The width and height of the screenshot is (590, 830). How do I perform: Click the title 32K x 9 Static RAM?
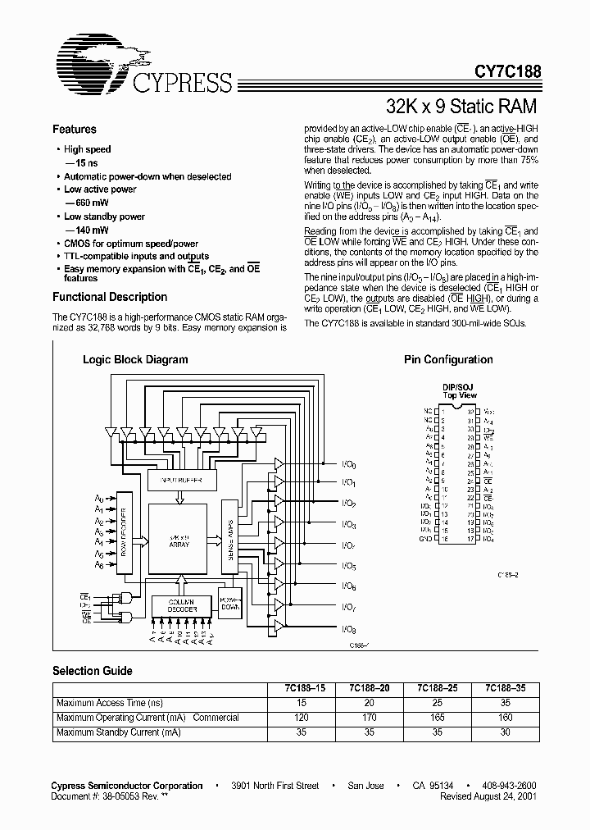(461, 106)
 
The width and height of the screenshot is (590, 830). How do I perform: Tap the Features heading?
(75, 130)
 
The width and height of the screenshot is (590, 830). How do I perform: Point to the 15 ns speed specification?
(81, 163)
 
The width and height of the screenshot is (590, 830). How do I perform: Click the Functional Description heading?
(110, 298)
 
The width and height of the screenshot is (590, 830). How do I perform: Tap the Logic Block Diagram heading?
(135, 359)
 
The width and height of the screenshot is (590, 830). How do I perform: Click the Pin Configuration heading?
(448, 359)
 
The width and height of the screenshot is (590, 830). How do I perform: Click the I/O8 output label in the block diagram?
(349, 628)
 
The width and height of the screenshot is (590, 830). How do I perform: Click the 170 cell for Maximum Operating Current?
(369, 718)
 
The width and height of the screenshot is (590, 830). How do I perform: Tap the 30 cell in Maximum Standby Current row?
(506, 732)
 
